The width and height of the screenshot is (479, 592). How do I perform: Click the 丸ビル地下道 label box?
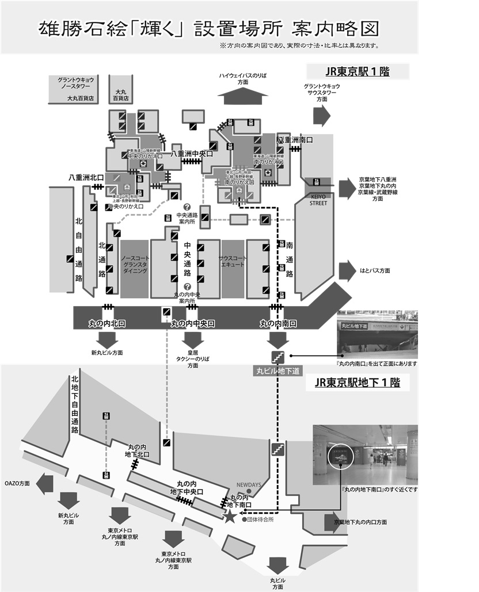pyautogui.click(x=278, y=371)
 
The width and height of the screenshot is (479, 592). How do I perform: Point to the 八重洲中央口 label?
pyautogui.click(x=192, y=154)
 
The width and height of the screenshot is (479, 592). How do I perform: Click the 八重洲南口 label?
pyautogui.click(x=295, y=140)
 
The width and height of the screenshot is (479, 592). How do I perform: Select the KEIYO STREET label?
pyautogui.click(x=318, y=200)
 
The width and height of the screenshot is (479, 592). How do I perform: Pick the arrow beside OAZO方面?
pyautogui.click(x=44, y=484)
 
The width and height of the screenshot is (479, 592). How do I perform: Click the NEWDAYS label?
pyautogui.click(x=249, y=485)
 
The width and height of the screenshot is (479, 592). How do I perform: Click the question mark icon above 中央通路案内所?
pyautogui.click(x=187, y=207)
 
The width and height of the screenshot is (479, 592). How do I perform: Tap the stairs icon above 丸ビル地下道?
pyautogui.click(x=278, y=356)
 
